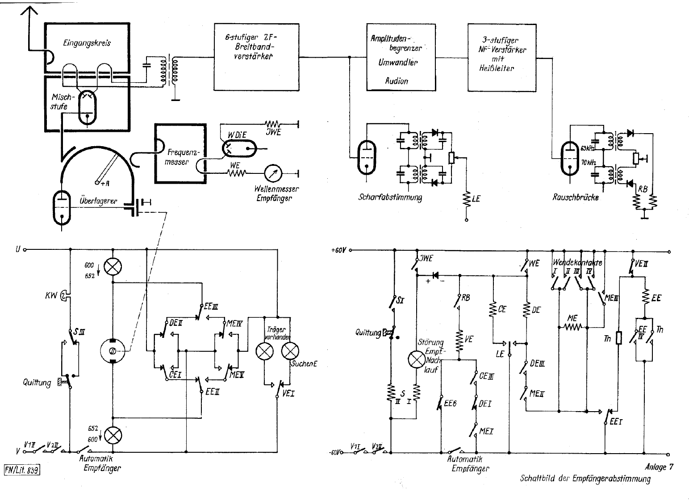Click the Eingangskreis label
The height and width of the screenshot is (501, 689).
(87, 43)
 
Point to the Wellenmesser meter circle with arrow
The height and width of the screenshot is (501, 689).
(272, 173)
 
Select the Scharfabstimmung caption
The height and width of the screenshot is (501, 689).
(390, 197)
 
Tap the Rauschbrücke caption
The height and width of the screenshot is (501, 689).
(575, 197)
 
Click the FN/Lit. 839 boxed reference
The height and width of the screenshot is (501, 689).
(22, 470)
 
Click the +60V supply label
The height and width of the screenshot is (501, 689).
(339, 250)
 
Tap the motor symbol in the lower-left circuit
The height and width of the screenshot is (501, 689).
(113, 350)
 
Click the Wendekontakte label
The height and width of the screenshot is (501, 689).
(577, 263)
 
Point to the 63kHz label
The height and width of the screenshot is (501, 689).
(587, 148)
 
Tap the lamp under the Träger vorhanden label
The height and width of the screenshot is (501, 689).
(264, 351)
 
